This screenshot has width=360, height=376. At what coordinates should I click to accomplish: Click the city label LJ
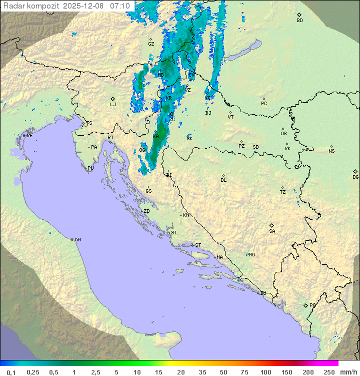[x=113, y=105]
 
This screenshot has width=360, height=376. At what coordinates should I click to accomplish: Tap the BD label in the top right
[x=299, y=21]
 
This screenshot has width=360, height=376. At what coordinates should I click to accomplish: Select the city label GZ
[x=151, y=44]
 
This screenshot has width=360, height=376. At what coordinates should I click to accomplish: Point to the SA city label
[x=272, y=231]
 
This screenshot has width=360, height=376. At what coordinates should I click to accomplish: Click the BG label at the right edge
[x=355, y=177]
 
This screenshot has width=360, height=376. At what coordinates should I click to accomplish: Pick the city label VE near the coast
[x=29, y=136]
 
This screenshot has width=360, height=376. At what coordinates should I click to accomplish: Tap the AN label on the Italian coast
[x=77, y=240]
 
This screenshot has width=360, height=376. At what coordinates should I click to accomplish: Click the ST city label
[x=198, y=245]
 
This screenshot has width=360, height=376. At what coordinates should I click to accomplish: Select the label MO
[x=251, y=255]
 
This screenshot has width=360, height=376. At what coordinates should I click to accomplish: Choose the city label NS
[x=331, y=151]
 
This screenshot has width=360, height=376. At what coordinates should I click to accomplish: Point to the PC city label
[x=264, y=104]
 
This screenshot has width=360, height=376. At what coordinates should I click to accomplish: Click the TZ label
[x=283, y=192]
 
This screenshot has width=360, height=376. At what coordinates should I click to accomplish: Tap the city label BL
[x=223, y=180]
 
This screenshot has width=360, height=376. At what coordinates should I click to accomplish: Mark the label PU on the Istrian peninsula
[x=90, y=168]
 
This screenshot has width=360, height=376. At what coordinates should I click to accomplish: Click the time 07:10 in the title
[x=120, y=6]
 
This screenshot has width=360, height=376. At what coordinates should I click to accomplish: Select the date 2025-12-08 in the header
[x=85, y=6]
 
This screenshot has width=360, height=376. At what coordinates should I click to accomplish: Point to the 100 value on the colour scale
[x=266, y=372]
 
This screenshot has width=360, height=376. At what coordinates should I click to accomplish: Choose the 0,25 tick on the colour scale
[x=33, y=372]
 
